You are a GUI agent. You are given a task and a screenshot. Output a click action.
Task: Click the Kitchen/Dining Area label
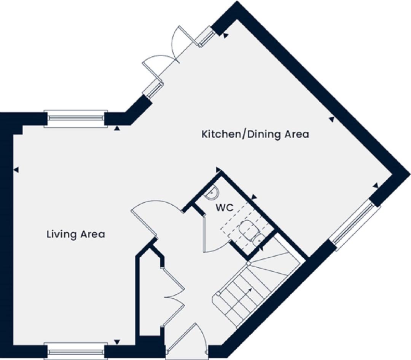coord(255,134)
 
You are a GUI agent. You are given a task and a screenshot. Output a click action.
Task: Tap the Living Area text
coord(76,234)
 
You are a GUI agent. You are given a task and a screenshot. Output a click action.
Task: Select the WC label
coord(225,208)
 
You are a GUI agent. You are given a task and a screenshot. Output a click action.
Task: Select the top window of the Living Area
coord(76,118)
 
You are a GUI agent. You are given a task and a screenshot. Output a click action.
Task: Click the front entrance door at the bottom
coord(186,341)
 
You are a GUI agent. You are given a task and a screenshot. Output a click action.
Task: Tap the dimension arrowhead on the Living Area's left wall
coord(16,170)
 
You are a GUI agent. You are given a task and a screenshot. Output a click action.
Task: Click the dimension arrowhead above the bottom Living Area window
coord(117,342)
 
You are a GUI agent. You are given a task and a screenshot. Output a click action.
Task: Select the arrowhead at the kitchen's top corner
coord(225,36)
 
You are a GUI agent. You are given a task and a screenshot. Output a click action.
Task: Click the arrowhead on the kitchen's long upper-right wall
coord(331,120)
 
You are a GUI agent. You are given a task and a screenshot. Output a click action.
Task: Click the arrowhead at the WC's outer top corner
coord(218,170)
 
